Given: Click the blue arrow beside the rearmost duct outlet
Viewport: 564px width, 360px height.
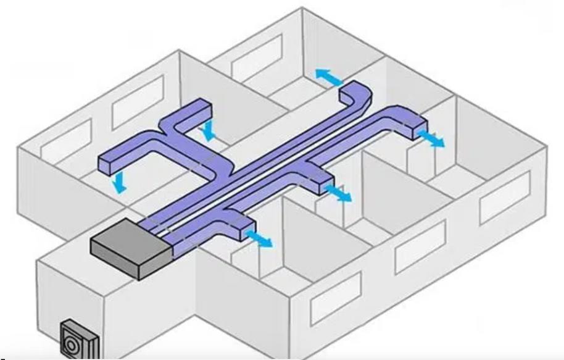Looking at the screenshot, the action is point(329,77).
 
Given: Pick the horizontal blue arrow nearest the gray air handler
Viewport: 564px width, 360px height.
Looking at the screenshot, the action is point(258,237).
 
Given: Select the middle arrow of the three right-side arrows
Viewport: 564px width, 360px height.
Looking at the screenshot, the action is point(337,193).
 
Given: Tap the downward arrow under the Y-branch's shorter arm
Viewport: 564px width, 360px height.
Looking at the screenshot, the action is point(210,130).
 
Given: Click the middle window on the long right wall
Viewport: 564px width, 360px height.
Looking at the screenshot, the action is point(420,245).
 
